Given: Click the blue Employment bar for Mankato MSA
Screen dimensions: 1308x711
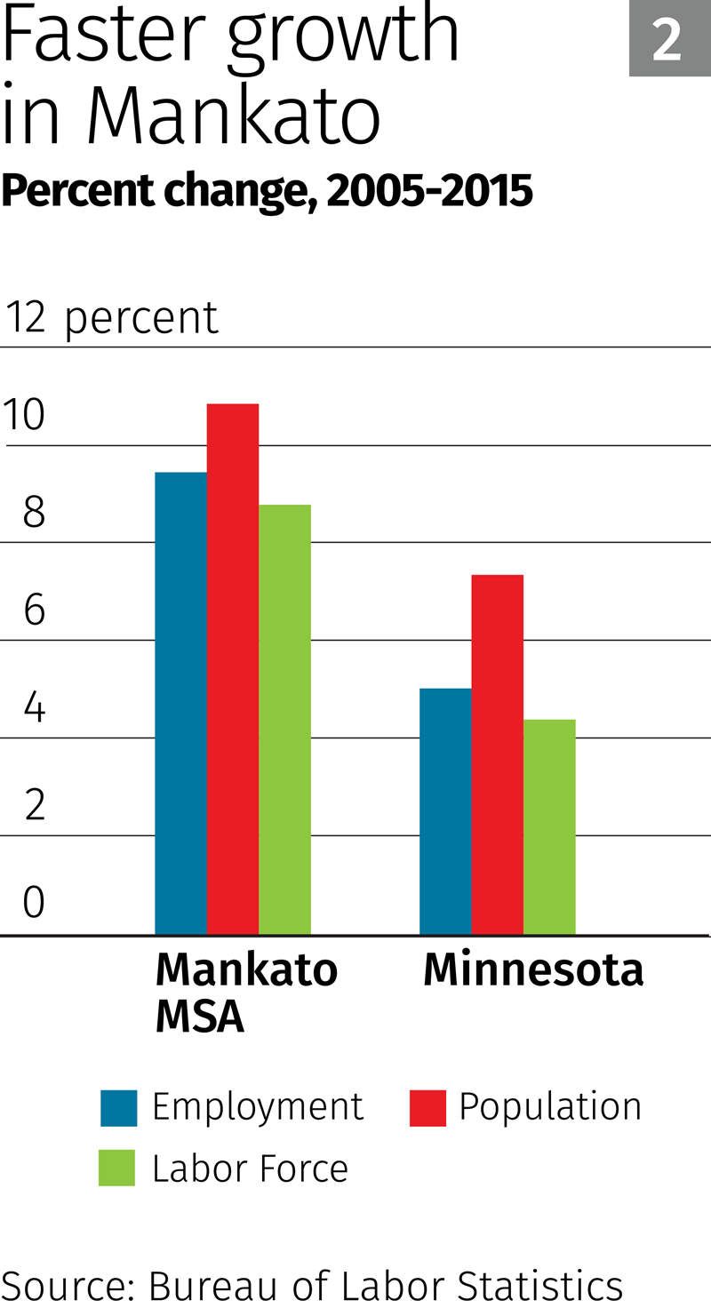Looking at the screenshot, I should (x=180, y=703).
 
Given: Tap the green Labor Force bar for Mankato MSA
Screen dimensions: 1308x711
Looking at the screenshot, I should (x=284, y=720).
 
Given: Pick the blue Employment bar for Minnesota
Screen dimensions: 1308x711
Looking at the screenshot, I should (x=445, y=811).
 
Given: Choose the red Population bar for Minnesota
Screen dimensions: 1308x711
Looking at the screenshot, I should (x=497, y=754).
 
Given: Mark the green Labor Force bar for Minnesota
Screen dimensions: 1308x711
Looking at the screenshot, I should (x=549, y=826).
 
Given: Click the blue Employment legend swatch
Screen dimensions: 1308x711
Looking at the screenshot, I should (x=118, y=1108).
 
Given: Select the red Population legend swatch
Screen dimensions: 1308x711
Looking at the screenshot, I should (x=427, y=1108).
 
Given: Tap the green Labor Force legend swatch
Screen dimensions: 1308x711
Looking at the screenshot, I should (x=116, y=1168).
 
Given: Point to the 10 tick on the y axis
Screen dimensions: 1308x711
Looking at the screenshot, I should (x=24, y=415).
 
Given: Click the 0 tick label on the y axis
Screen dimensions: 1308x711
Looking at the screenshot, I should (x=34, y=902).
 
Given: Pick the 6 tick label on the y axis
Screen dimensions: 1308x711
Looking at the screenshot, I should (x=34, y=610).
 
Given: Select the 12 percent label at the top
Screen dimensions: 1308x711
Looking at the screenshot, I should (x=112, y=318).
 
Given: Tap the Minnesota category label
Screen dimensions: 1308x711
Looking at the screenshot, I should (x=533, y=969).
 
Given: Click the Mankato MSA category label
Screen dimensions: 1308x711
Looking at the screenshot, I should (x=246, y=993).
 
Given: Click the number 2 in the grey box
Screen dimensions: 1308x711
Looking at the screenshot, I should (x=667, y=40).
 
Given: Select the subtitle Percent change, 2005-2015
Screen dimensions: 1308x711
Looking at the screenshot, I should (x=267, y=190).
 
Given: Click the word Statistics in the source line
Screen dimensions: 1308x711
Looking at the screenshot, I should (x=539, y=1286).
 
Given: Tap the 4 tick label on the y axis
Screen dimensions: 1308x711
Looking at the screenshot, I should (x=34, y=708).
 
